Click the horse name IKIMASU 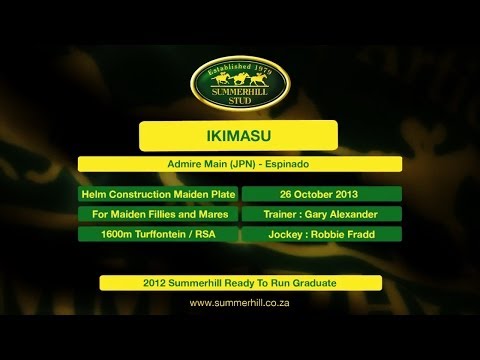click(x=239, y=135)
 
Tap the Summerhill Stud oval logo click(x=240, y=82)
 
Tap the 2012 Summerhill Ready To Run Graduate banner click(x=239, y=283)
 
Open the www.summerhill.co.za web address click(x=239, y=303)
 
